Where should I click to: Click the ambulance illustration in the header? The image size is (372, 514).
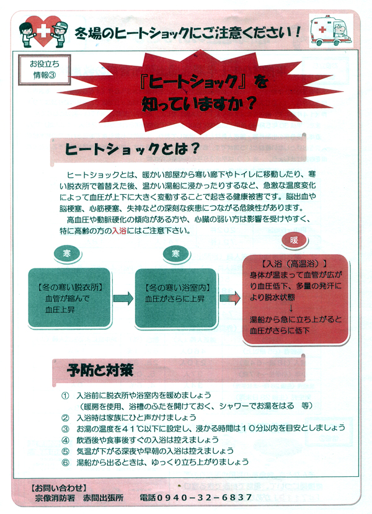pyautogui.click(x=331, y=30)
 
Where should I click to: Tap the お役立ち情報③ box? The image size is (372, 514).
pyautogui.click(x=44, y=70)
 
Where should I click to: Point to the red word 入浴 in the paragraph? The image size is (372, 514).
pyautogui.click(x=119, y=231)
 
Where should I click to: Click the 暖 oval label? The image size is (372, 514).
pyautogui.click(x=294, y=241)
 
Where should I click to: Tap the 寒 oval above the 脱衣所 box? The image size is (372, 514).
pyautogui.click(x=67, y=254)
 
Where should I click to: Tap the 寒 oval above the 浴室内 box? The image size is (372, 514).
pyautogui.click(x=175, y=254)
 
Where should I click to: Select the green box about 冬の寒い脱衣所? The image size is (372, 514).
pyautogui.click(x=69, y=298)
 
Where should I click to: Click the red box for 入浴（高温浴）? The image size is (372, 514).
pyautogui.click(x=295, y=299)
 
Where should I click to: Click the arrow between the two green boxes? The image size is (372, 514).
pyautogui.click(x=123, y=298)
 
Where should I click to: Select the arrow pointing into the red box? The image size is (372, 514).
pyautogui.click(x=230, y=298)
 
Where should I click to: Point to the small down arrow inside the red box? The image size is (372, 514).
pyautogui.click(x=290, y=308)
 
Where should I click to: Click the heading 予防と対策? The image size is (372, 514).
pyautogui.click(x=100, y=370)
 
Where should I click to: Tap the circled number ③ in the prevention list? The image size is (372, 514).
pyautogui.click(x=66, y=429)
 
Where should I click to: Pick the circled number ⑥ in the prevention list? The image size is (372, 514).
pyautogui.click(x=66, y=462)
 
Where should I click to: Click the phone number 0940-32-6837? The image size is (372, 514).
pyautogui.click(x=204, y=498)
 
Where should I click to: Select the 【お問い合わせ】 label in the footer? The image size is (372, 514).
pyautogui.click(x=59, y=487)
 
